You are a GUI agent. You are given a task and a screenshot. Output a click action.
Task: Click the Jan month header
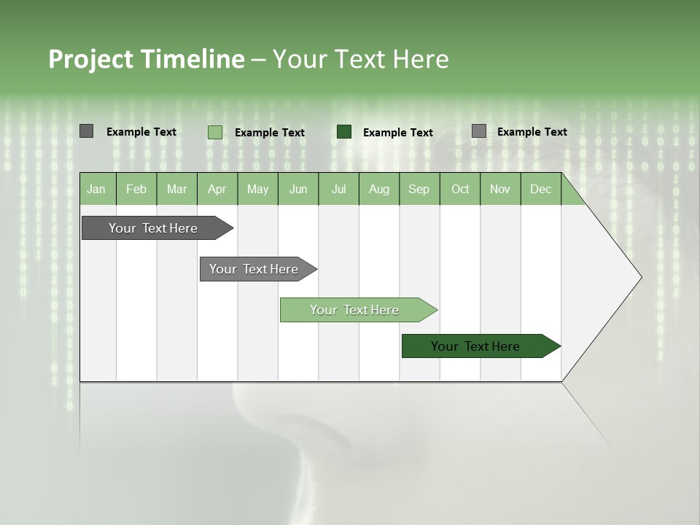[x=96, y=189]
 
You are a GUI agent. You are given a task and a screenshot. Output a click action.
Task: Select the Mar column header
[x=176, y=189]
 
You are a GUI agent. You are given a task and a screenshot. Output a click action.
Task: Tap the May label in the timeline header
[x=257, y=189]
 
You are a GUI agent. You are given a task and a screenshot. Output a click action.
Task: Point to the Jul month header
[x=338, y=189]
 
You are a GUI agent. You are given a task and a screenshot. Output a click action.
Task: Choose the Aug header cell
[x=378, y=189]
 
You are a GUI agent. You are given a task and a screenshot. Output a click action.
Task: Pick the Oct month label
[x=460, y=189]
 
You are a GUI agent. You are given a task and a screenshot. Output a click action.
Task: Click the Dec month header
[x=540, y=189]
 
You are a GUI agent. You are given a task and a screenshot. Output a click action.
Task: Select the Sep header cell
[x=419, y=189]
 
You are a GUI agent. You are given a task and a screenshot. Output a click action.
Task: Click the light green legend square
[x=214, y=132]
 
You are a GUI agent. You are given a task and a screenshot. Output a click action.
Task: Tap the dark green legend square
[x=344, y=132]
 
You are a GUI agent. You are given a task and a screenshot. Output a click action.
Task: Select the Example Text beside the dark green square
[x=397, y=133]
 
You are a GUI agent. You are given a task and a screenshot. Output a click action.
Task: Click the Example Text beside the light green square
[x=269, y=133]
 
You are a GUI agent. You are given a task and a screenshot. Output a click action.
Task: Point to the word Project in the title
[x=90, y=59]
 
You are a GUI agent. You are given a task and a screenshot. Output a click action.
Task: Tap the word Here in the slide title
[x=421, y=59]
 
